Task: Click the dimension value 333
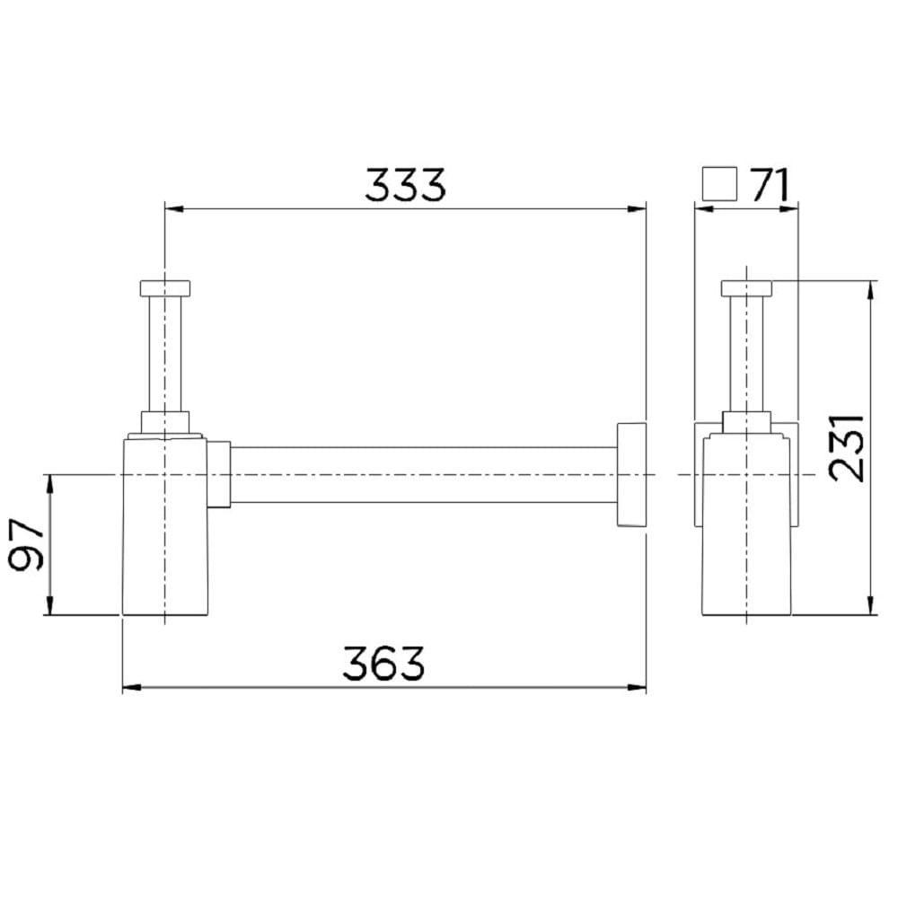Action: tap(404, 185)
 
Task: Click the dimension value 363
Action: tap(383, 665)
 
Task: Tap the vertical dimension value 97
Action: tap(27, 545)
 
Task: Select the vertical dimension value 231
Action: tap(846, 446)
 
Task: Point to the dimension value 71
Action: tap(770, 185)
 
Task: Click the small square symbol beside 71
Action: tap(719, 184)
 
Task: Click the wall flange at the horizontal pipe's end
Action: tap(631, 474)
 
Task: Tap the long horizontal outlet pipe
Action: tap(422, 474)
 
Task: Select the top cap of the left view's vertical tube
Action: tap(165, 287)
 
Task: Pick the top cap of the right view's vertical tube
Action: tap(746, 287)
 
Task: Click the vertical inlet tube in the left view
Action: tap(165, 355)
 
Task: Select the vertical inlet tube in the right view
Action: tap(746, 355)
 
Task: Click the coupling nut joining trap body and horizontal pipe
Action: tap(221, 474)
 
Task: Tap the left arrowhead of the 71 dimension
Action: tap(703, 209)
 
